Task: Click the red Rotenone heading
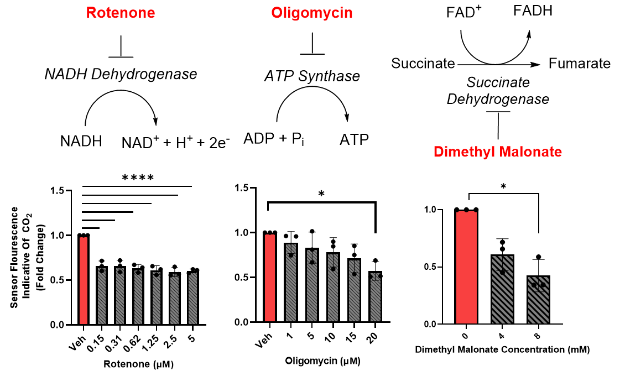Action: [121, 13]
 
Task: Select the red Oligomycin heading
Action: [311, 13]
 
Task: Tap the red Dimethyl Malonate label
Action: [498, 152]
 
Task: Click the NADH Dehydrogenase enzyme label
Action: [121, 74]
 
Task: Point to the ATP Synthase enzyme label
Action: [312, 76]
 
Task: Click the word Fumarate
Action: [580, 63]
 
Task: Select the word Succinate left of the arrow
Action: [423, 63]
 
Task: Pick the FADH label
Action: [533, 11]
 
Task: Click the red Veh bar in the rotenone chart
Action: [84, 280]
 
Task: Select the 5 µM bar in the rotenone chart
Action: [193, 297]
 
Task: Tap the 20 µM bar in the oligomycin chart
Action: [375, 296]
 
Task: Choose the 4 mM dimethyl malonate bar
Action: [503, 289]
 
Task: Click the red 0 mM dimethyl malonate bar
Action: [467, 267]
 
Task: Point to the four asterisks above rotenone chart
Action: [138, 178]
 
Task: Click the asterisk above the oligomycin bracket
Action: [321, 194]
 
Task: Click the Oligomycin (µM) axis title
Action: [322, 361]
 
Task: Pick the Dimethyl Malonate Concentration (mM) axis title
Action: [502, 349]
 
